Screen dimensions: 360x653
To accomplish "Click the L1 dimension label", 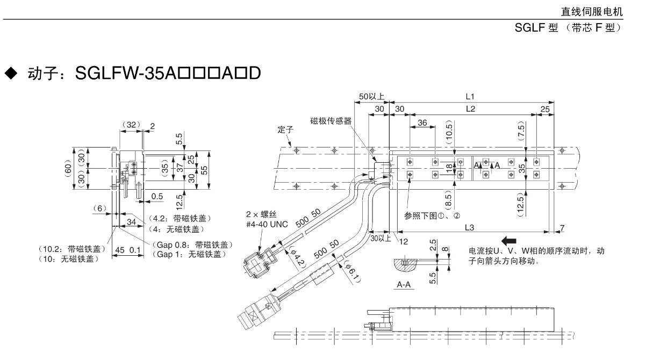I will [x=470, y=97].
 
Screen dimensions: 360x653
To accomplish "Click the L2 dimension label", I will [x=470, y=109].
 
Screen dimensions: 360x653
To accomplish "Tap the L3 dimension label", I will [x=469, y=228].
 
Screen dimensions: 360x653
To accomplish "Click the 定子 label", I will [x=285, y=131].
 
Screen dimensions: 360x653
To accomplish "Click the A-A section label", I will [x=402, y=285].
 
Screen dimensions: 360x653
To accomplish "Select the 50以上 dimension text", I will [x=372, y=97].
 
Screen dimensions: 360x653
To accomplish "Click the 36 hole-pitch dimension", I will [x=422, y=123].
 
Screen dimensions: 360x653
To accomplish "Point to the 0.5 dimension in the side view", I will [x=157, y=197].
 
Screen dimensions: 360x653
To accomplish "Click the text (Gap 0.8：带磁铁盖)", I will [x=190, y=244].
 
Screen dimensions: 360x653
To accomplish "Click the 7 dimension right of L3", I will [x=562, y=228].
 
